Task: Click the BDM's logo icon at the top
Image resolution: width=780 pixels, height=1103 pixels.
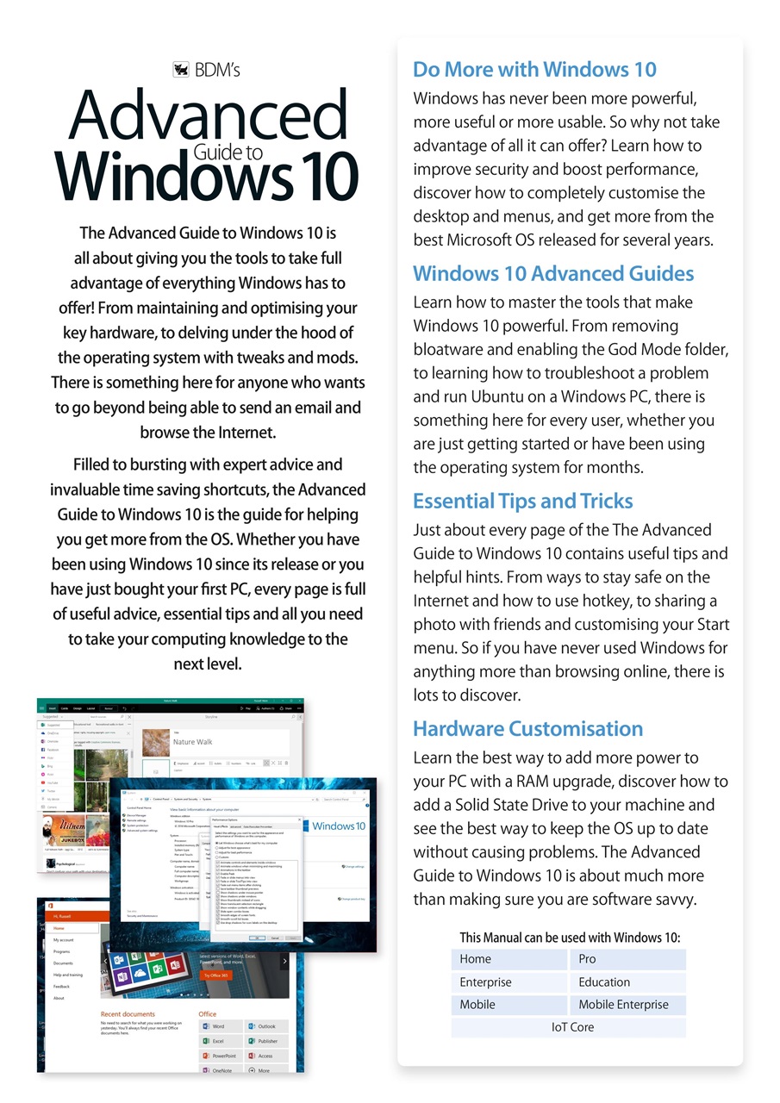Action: pos(181,70)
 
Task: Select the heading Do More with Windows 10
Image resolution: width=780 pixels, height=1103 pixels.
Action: pos(534,70)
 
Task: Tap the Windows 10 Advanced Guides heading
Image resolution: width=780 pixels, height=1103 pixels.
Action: pos(553,274)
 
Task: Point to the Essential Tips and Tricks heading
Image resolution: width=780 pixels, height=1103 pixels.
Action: pos(522,502)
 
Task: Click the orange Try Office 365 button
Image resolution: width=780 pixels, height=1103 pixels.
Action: pos(215,975)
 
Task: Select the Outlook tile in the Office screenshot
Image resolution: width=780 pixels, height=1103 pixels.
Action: pos(265,1026)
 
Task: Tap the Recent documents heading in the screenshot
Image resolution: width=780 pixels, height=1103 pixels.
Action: pos(128,1014)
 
